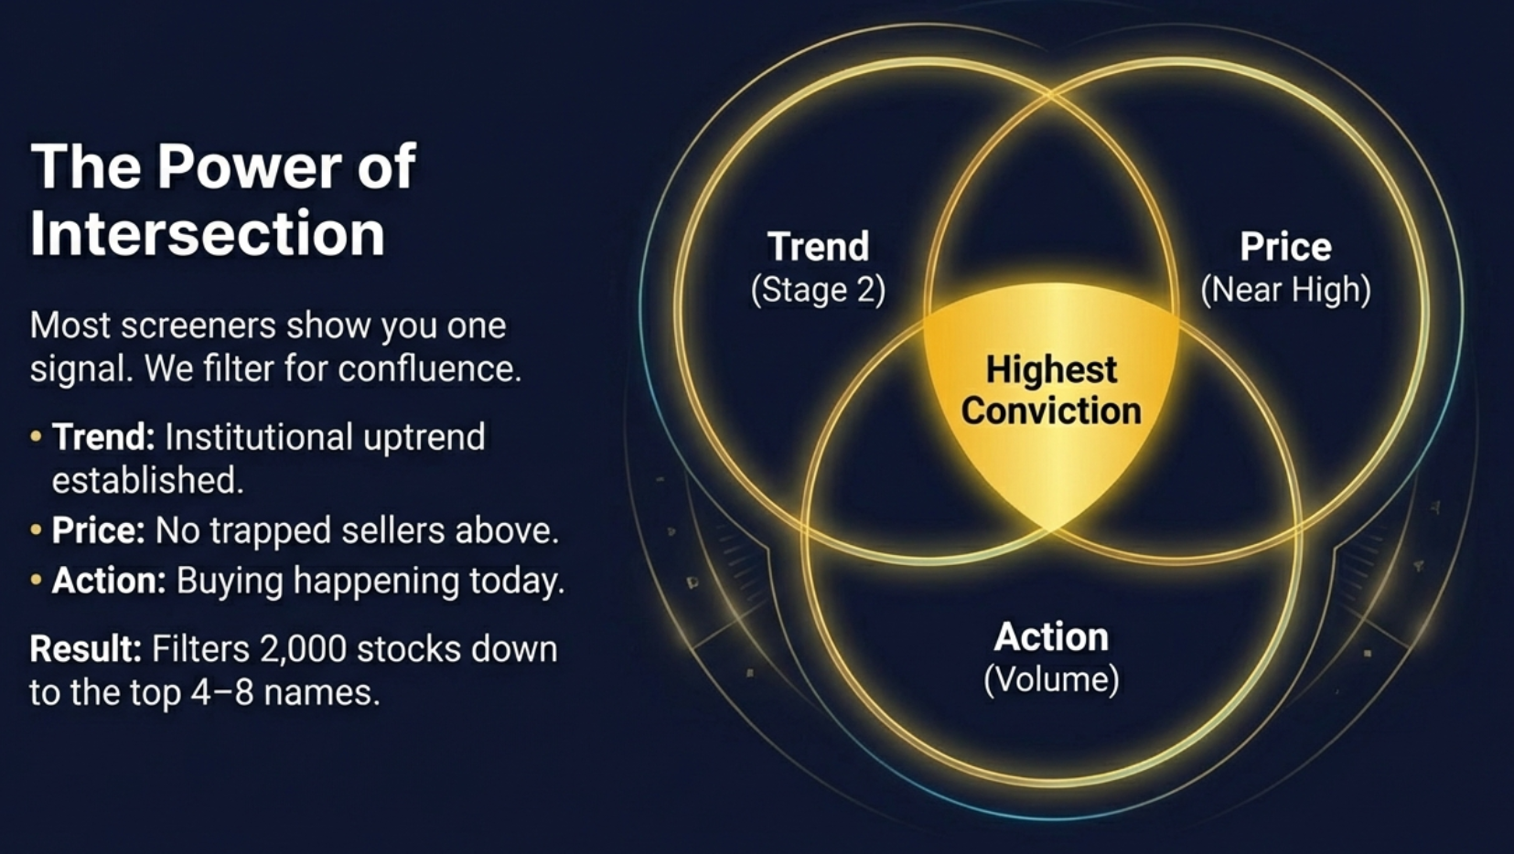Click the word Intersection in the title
pos(208,233)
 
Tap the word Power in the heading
pos(250,166)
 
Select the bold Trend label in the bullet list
pos(103,436)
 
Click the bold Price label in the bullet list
pos(98,529)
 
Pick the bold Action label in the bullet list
pos(109,581)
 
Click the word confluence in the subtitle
pos(429,368)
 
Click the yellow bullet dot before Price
pos(36,529)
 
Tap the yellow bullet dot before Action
pos(36,580)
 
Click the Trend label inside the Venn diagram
pos(819,246)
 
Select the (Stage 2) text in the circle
pos(819,291)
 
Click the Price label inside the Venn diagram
pos(1285,246)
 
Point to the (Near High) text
pos(1285,291)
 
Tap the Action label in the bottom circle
pos(1051,636)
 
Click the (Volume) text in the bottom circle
pos(1051,679)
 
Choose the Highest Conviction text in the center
pos(1051,390)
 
